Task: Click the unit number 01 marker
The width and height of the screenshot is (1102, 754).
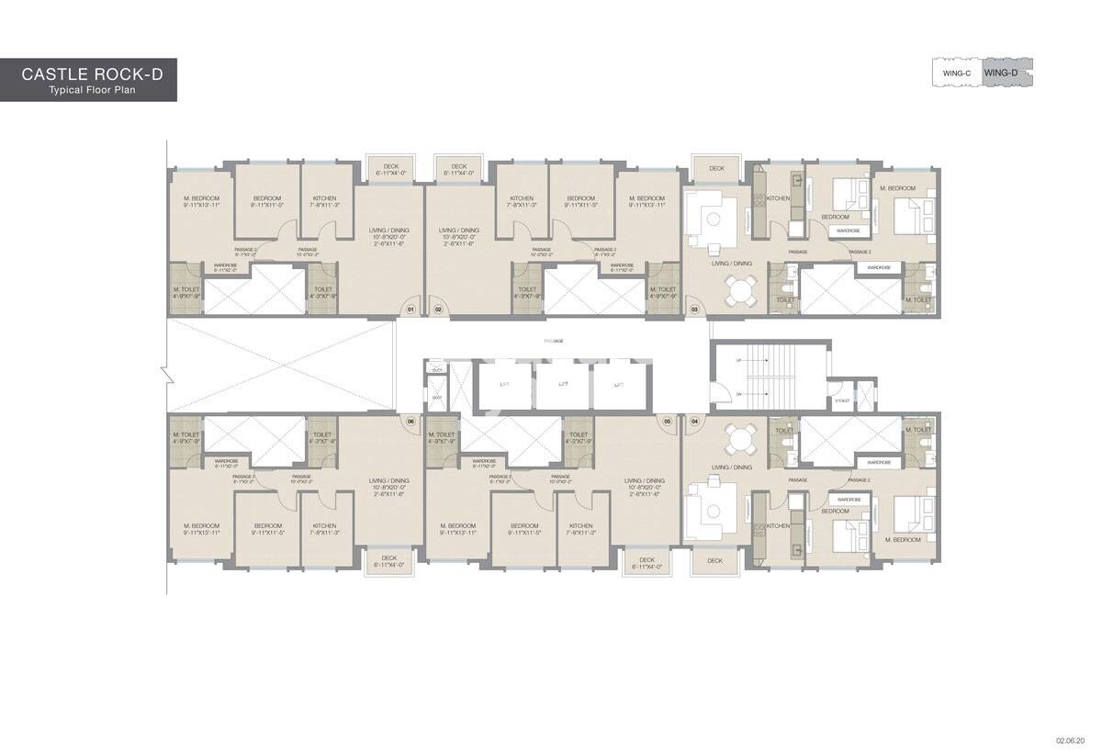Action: click(x=411, y=310)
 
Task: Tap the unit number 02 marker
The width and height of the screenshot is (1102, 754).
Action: click(x=438, y=310)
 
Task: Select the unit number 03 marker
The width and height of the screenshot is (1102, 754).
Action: click(x=694, y=310)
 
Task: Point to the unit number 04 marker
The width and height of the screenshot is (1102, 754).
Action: click(x=694, y=422)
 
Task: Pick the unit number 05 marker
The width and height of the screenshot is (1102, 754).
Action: click(x=668, y=422)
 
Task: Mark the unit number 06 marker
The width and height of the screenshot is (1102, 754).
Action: click(x=410, y=422)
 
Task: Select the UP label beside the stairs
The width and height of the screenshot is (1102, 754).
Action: click(x=737, y=361)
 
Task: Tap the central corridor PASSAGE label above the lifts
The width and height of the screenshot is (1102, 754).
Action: click(x=553, y=341)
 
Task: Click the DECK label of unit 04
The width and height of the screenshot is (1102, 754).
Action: click(x=715, y=560)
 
